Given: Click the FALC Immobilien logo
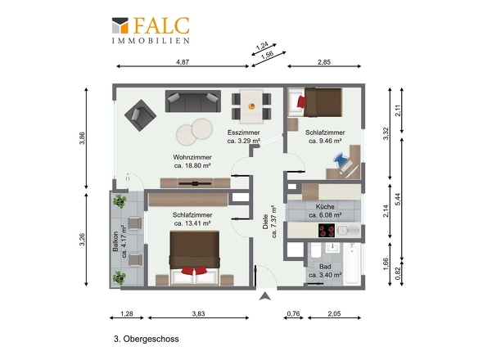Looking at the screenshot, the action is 151,30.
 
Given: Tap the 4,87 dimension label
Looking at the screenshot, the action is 183,62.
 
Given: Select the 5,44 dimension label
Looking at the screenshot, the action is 398,200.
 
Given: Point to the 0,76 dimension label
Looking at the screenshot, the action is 293,314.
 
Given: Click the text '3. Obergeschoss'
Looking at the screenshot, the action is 147,339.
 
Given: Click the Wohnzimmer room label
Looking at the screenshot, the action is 192,157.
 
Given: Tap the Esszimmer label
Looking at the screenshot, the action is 244,133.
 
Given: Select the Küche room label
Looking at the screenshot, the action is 325,207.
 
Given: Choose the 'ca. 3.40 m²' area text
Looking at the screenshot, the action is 325,275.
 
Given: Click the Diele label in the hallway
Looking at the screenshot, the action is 265,222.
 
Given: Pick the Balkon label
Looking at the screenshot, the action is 115,241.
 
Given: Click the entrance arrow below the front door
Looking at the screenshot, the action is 265,296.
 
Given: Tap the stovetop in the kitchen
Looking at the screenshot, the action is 327,230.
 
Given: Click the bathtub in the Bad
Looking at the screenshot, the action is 352,263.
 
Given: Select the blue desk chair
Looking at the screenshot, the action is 341,160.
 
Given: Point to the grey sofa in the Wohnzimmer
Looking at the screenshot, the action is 193,101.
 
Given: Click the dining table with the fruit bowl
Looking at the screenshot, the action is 251,106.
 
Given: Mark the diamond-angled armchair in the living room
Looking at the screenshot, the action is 141,115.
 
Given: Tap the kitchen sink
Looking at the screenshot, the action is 348,231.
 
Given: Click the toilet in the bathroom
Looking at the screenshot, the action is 316,250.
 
